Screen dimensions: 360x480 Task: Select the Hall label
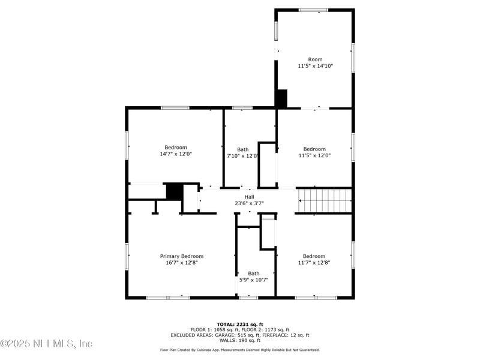[x=249, y=197]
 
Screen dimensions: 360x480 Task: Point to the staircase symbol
[x=325, y=200]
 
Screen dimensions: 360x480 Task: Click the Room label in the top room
[x=315, y=59]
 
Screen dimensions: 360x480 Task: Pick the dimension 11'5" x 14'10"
[x=315, y=66]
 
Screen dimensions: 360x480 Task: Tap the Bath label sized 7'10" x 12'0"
[x=242, y=149]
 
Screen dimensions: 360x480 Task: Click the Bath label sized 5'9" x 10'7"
[x=254, y=273]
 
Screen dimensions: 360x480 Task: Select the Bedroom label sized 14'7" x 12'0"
[x=176, y=148]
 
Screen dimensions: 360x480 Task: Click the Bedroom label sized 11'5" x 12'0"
[x=314, y=149]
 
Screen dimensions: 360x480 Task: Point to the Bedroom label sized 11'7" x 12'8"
[x=314, y=256]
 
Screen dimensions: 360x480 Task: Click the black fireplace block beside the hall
[x=174, y=191]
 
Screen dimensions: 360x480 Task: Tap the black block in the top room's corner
[x=281, y=98]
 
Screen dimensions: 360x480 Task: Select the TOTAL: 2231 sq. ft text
[x=240, y=324]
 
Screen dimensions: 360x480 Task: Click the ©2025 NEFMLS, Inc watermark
[x=46, y=344]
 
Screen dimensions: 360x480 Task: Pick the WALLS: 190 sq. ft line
[x=240, y=340]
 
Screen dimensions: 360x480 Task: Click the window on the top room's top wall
[x=313, y=10]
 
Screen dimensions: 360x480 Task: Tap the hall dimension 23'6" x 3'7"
[x=249, y=203]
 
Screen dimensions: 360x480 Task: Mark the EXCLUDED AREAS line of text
[x=240, y=335]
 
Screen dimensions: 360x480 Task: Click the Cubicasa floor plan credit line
[x=240, y=350]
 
